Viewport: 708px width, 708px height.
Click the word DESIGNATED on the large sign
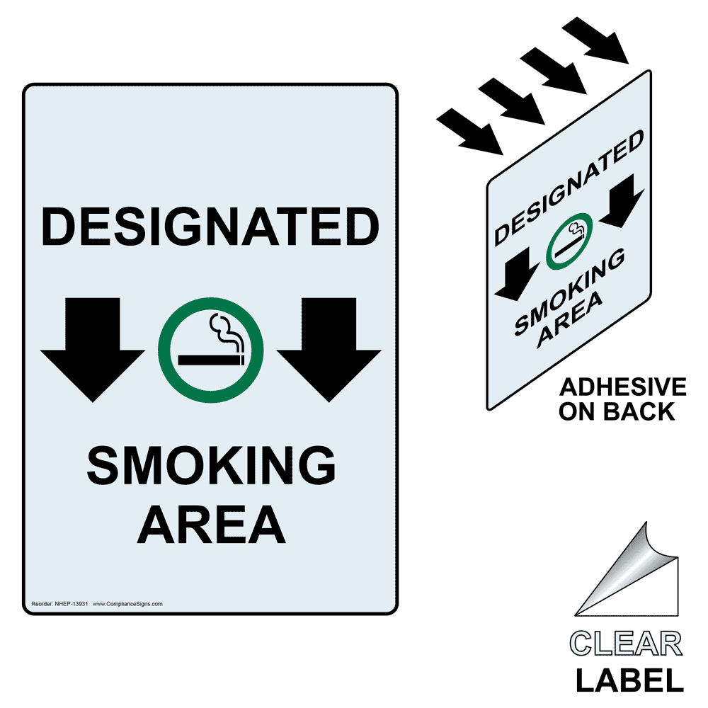pyautogui.click(x=210, y=227)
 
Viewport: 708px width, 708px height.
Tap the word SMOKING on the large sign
pyautogui.click(x=210, y=467)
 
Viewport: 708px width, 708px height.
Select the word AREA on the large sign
pyautogui.click(x=211, y=524)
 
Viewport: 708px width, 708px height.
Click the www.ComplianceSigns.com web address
pyautogui.click(x=127, y=604)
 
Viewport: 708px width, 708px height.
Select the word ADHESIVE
pyautogui.click(x=623, y=387)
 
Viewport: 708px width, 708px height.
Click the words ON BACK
pyautogui.click(x=617, y=411)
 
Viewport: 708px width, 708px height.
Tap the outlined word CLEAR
pyautogui.click(x=626, y=645)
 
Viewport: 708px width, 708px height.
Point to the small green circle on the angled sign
pyautogui.click(x=570, y=241)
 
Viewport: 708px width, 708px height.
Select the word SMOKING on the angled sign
pyautogui.click(x=570, y=292)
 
